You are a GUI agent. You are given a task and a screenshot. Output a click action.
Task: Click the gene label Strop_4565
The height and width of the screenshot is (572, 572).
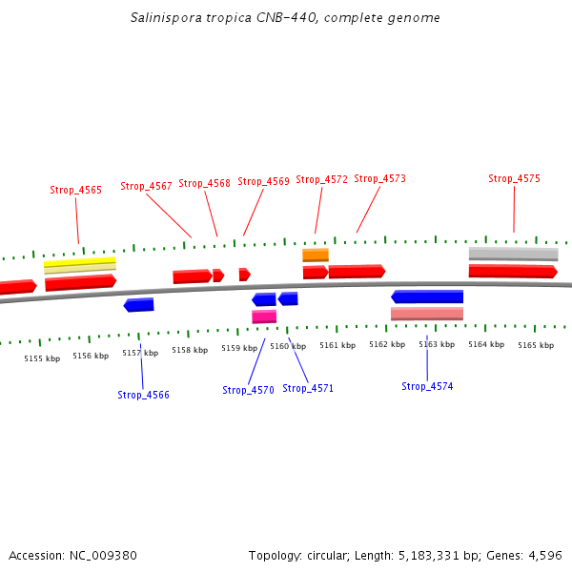tap(75, 190)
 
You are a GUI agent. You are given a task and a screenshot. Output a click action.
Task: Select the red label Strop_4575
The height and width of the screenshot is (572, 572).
tap(514, 178)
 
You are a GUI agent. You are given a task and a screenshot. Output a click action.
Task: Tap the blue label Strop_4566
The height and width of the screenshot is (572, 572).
tap(143, 395)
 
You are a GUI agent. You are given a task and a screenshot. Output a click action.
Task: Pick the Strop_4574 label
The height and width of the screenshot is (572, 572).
tap(427, 386)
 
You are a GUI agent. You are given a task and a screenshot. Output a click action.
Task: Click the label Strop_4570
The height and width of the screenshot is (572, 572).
tap(248, 390)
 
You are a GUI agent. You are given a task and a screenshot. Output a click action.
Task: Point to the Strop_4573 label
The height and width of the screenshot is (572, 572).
tap(379, 178)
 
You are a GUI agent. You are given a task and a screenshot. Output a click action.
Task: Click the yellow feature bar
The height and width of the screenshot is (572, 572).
tap(79, 260)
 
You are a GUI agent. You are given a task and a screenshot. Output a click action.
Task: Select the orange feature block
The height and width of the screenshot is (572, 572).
tap(316, 255)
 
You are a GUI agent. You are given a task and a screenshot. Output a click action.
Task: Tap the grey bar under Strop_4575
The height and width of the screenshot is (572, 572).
tap(513, 254)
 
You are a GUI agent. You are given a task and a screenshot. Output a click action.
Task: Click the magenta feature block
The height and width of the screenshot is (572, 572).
tap(264, 317)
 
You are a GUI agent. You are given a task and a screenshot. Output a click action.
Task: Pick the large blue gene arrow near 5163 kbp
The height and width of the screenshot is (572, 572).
tap(427, 296)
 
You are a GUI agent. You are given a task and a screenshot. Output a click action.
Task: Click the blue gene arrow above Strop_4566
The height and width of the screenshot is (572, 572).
tap(139, 305)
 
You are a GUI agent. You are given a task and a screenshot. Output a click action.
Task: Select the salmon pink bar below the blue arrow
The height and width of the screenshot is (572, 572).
tap(427, 314)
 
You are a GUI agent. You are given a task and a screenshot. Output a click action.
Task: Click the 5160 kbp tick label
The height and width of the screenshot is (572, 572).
tap(288, 346)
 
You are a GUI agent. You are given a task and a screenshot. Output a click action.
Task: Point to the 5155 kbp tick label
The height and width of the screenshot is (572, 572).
tap(42, 358)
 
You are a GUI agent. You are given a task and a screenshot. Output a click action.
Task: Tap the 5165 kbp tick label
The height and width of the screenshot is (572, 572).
tap(536, 345)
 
